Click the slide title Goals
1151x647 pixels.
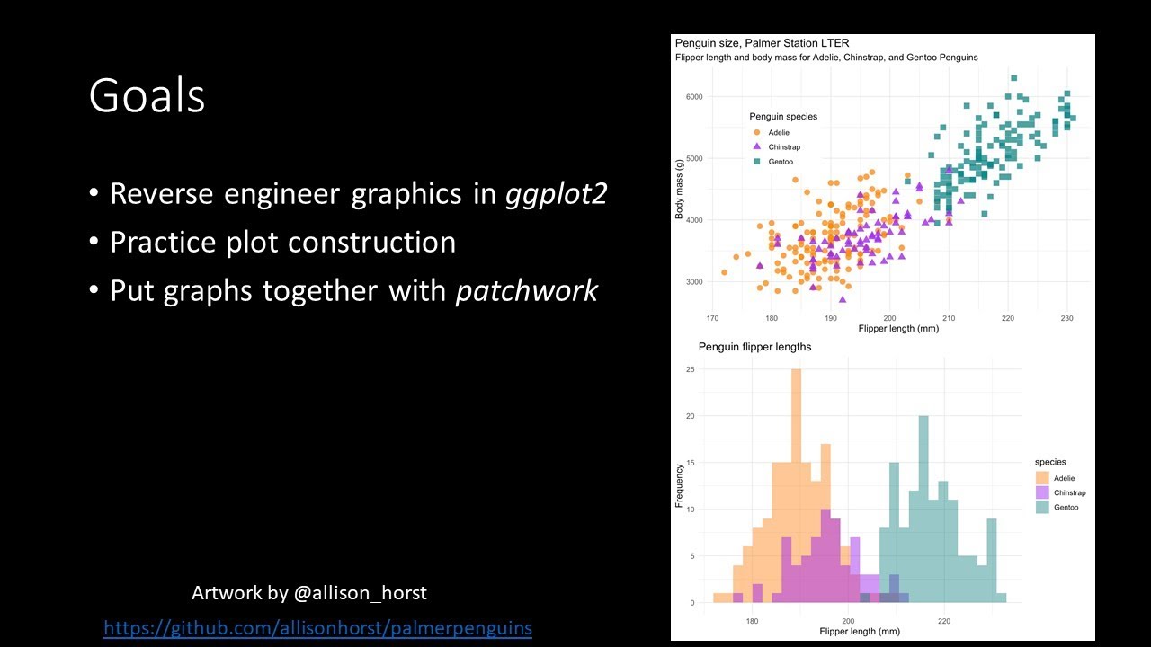click(147, 96)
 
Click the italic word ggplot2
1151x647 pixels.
click(556, 193)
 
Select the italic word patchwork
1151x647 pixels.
click(526, 290)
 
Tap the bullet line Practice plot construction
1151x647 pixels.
click(282, 242)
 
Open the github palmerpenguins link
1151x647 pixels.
click(317, 627)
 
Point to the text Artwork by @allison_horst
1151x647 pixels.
click(308, 593)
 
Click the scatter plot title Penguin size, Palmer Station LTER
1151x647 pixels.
click(762, 43)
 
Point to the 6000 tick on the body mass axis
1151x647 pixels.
click(694, 97)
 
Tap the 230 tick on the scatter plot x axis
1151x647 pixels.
click(1066, 318)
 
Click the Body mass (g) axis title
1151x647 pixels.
click(680, 187)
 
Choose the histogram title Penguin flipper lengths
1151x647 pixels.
click(754, 347)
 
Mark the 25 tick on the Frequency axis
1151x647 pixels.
click(689, 369)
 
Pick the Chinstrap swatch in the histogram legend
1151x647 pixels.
click(1042, 492)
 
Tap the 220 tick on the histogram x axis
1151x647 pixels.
click(944, 620)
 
